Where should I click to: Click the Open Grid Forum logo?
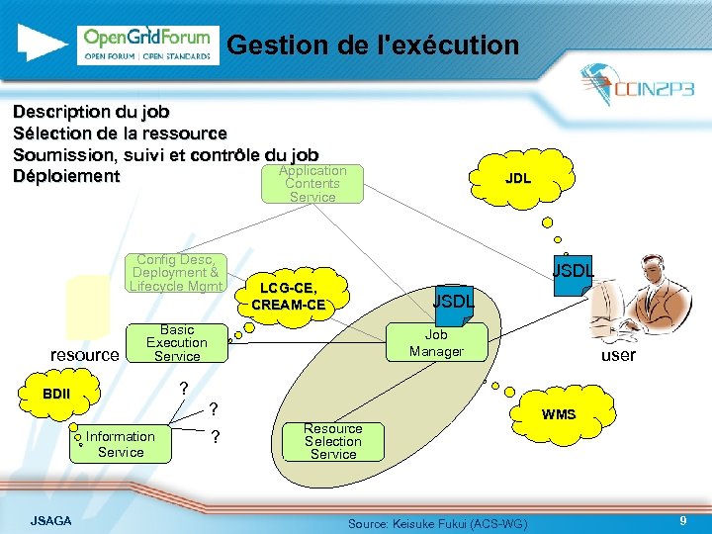pos(147,44)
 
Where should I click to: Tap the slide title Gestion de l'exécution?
pos(372,44)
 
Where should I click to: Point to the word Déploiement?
pos(66,177)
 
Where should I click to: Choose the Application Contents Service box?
pos(311,184)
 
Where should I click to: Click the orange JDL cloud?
pos(517,179)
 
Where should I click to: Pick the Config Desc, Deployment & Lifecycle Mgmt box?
pos(177,273)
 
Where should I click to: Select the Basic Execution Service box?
pos(177,343)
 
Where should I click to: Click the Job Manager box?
pos(436,343)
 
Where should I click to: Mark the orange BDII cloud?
pos(57,395)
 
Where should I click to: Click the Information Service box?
pos(121,444)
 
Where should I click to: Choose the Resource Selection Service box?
pos(333,442)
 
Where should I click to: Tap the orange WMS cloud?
pos(558,414)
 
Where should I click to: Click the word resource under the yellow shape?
pos(84,355)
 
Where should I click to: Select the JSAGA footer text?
pos(50,520)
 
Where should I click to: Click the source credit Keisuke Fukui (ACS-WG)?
pos(437,522)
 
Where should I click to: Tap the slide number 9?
pos(682,520)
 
